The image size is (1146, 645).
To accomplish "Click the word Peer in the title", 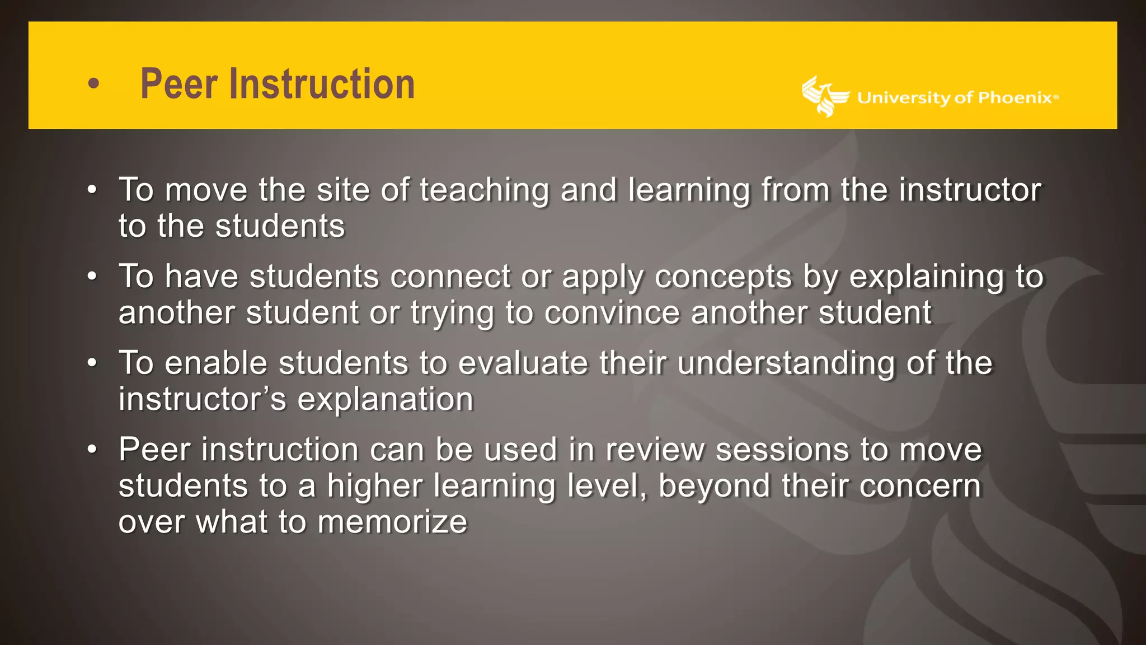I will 179,84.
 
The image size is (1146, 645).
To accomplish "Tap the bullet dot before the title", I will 94,84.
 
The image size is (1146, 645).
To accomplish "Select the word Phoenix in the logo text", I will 1015,98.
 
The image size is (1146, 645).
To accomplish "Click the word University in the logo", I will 903,98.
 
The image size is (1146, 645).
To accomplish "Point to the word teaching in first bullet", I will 484,190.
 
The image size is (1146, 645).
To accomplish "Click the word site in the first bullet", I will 342,190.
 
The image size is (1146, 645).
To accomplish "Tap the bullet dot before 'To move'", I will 93,189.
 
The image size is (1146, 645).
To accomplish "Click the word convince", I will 612,312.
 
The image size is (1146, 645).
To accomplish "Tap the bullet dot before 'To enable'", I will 93,363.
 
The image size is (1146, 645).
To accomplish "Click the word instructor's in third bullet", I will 202,399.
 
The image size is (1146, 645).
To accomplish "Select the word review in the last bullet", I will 654,450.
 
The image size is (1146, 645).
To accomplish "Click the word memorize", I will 392,522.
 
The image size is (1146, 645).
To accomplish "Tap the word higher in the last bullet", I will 374,487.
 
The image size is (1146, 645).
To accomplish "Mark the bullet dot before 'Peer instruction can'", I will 93,449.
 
